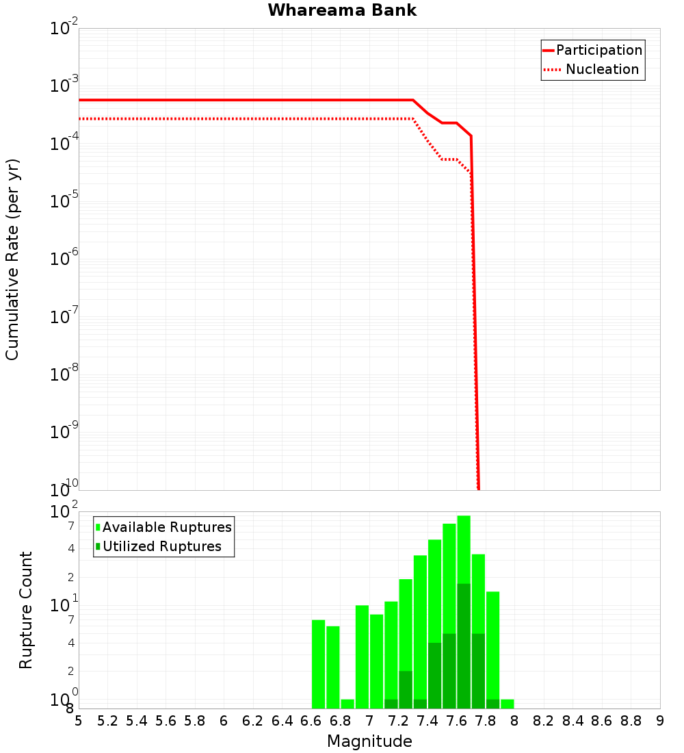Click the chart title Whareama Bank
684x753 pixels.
[x=342, y=10]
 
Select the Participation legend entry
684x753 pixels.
[x=598, y=50]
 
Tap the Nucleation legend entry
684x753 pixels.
[x=602, y=69]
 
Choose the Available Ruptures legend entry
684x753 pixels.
[x=167, y=527]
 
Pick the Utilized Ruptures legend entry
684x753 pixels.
[x=161, y=546]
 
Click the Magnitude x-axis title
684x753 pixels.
[x=369, y=741]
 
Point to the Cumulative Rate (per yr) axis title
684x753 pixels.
[x=12, y=259]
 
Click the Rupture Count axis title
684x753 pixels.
[x=26, y=610]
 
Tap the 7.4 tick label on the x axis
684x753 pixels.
[x=428, y=721]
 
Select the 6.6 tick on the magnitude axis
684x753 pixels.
[x=311, y=721]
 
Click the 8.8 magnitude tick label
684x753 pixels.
[x=631, y=721]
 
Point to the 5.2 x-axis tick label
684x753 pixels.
[x=107, y=721]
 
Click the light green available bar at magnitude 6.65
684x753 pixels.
[x=318, y=664]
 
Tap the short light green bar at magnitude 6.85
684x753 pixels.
[x=347, y=704]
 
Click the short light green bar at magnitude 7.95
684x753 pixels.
[x=508, y=704]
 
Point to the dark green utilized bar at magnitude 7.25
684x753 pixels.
[x=406, y=689]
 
